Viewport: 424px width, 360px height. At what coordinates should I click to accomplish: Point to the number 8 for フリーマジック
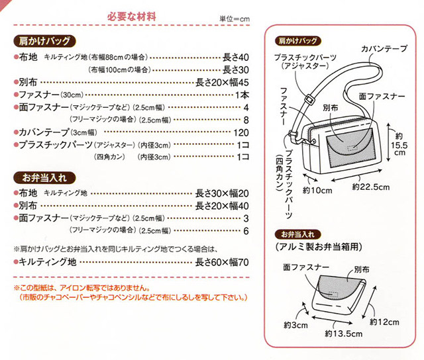click(245, 120)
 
